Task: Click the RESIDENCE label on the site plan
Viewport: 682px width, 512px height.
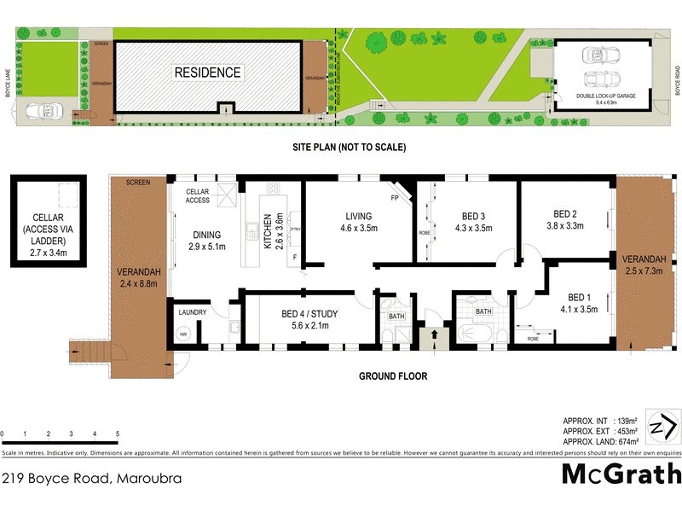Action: (207, 73)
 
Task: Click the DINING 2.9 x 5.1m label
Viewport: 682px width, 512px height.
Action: (206, 241)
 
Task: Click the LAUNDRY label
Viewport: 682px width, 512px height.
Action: (192, 313)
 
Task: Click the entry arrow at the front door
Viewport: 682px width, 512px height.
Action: (435, 336)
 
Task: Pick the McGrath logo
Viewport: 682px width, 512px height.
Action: (621, 474)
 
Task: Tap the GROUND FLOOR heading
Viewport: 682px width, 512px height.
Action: (392, 375)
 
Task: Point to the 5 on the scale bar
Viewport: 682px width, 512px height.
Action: (117, 435)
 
